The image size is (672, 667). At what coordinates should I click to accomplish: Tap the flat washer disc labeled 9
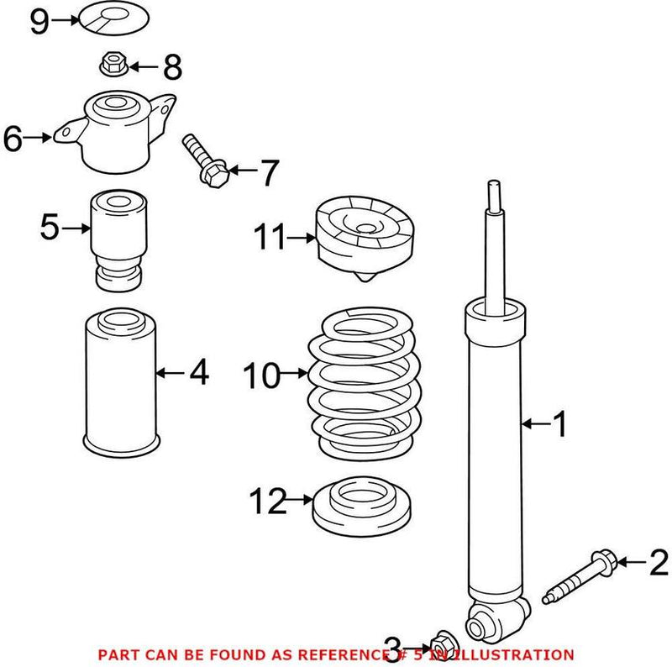point(112,18)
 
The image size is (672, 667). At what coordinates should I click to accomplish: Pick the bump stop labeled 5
point(119,239)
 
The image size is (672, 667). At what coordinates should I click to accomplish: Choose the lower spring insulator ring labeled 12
point(362,510)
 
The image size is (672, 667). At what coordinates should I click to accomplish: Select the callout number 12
point(268,502)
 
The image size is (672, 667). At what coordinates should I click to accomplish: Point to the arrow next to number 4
point(172,371)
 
